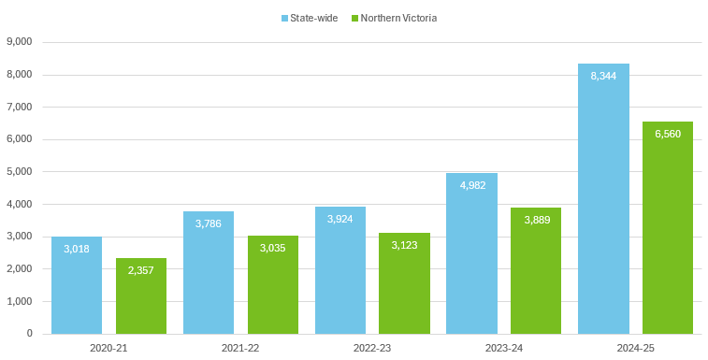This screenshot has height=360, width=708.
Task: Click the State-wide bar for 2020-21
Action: pyautogui.click(x=77, y=285)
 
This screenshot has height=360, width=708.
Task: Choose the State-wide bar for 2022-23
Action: pyautogui.click(x=340, y=270)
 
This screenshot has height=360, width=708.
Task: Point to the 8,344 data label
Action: pyautogui.click(x=603, y=76)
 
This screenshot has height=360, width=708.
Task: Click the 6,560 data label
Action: pyautogui.click(x=668, y=135)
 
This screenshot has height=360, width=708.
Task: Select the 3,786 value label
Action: pyautogui.click(x=209, y=223)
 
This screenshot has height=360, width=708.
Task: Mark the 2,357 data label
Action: pyautogui.click(x=141, y=270)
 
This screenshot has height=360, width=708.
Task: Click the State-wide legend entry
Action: pyautogui.click(x=310, y=18)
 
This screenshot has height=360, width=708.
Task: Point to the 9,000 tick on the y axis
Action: pyautogui.click(x=20, y=42)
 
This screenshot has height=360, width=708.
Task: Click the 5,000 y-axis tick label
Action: pyautogui.click(x=20, y=172)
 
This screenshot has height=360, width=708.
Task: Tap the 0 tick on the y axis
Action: pyautogui.click(x=30, y=334)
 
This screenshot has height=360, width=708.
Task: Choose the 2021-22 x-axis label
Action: pyautogui.click(x=240, y=347)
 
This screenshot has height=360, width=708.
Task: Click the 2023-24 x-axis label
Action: pyautogui.click(x=503, y=347)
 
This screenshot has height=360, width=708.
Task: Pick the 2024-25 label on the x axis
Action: pyautogui.click(x=635, y=347)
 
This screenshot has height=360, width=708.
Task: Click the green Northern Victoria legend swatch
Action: pyautogui.click(x=355, y=18)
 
